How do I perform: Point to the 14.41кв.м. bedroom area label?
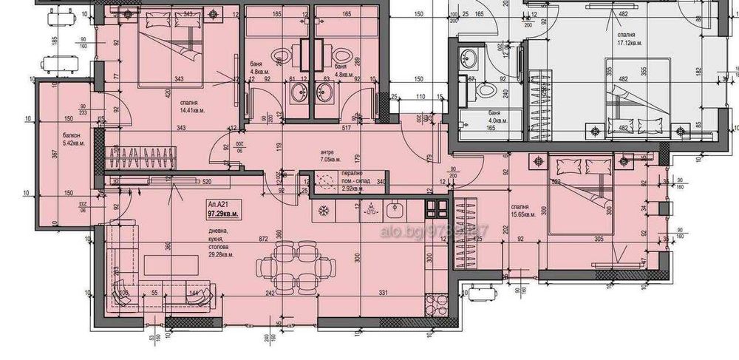192,111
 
